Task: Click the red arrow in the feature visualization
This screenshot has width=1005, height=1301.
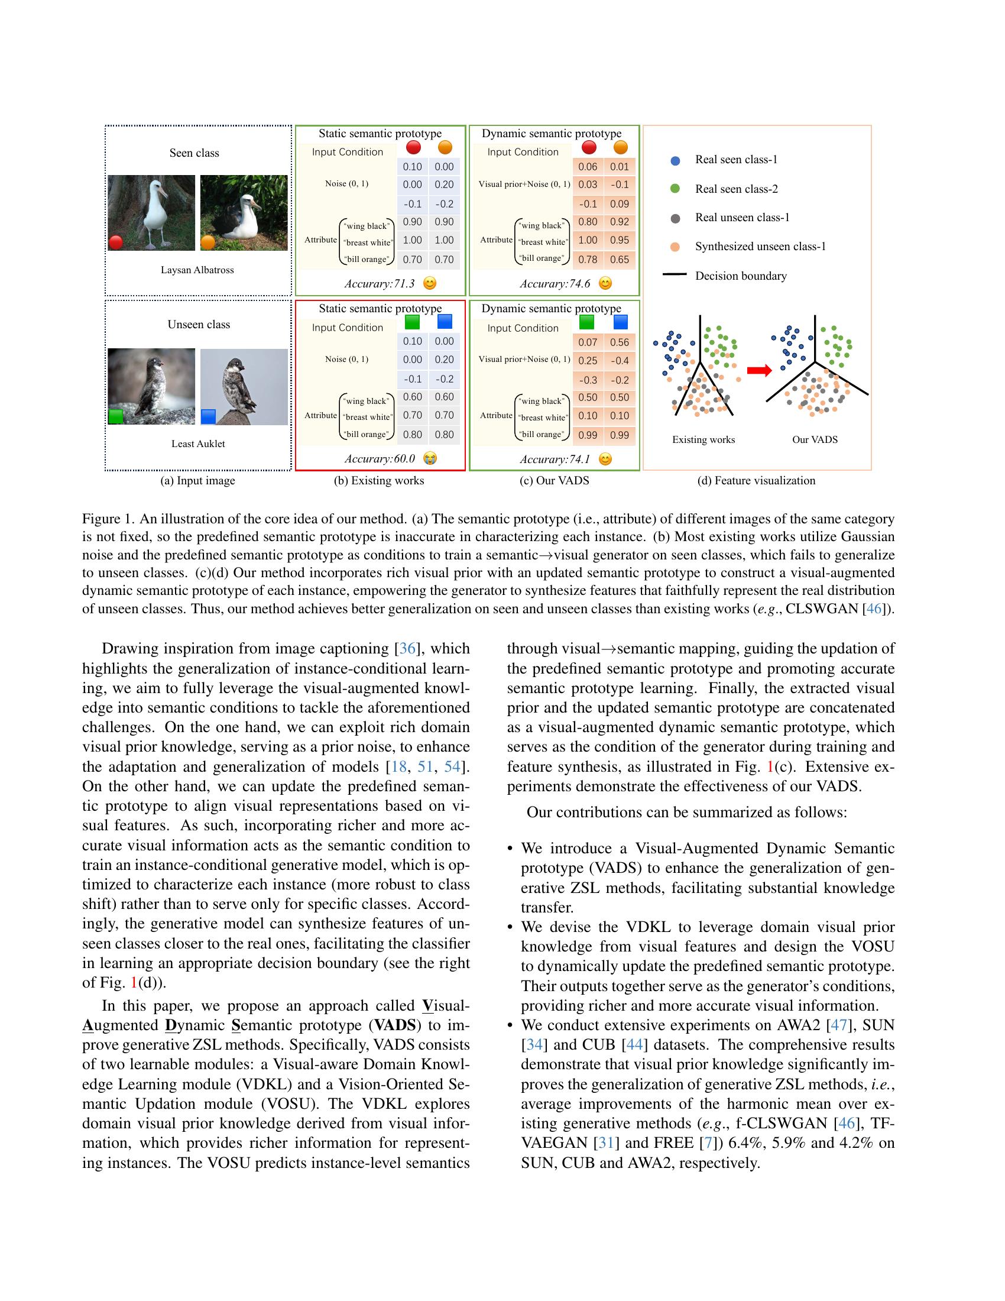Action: (759, 371)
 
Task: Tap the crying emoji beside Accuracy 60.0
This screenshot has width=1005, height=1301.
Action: (430, 459)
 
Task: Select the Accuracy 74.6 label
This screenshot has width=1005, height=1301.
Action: (555, 283)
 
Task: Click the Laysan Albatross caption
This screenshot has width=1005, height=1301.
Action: (197, 270)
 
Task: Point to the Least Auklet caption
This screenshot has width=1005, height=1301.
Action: (197, 444)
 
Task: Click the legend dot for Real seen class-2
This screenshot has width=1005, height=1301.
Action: (675, 189)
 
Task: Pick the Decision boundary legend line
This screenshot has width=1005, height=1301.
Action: (674, 275)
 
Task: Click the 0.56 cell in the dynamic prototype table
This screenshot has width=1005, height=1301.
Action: (619, 342)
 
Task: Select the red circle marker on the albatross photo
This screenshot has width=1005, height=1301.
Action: (116, 242)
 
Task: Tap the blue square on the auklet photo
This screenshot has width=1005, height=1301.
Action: (208, 416)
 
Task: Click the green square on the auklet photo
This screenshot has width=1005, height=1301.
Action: (116, 416)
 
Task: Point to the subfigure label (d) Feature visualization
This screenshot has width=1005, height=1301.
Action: (756, 481)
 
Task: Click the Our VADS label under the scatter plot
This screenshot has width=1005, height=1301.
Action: (815, 439)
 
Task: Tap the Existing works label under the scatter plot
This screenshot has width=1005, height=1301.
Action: (703, 439)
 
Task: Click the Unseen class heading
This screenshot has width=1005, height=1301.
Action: (198, 325)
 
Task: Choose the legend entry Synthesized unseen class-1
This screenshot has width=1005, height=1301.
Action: (760, 247)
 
